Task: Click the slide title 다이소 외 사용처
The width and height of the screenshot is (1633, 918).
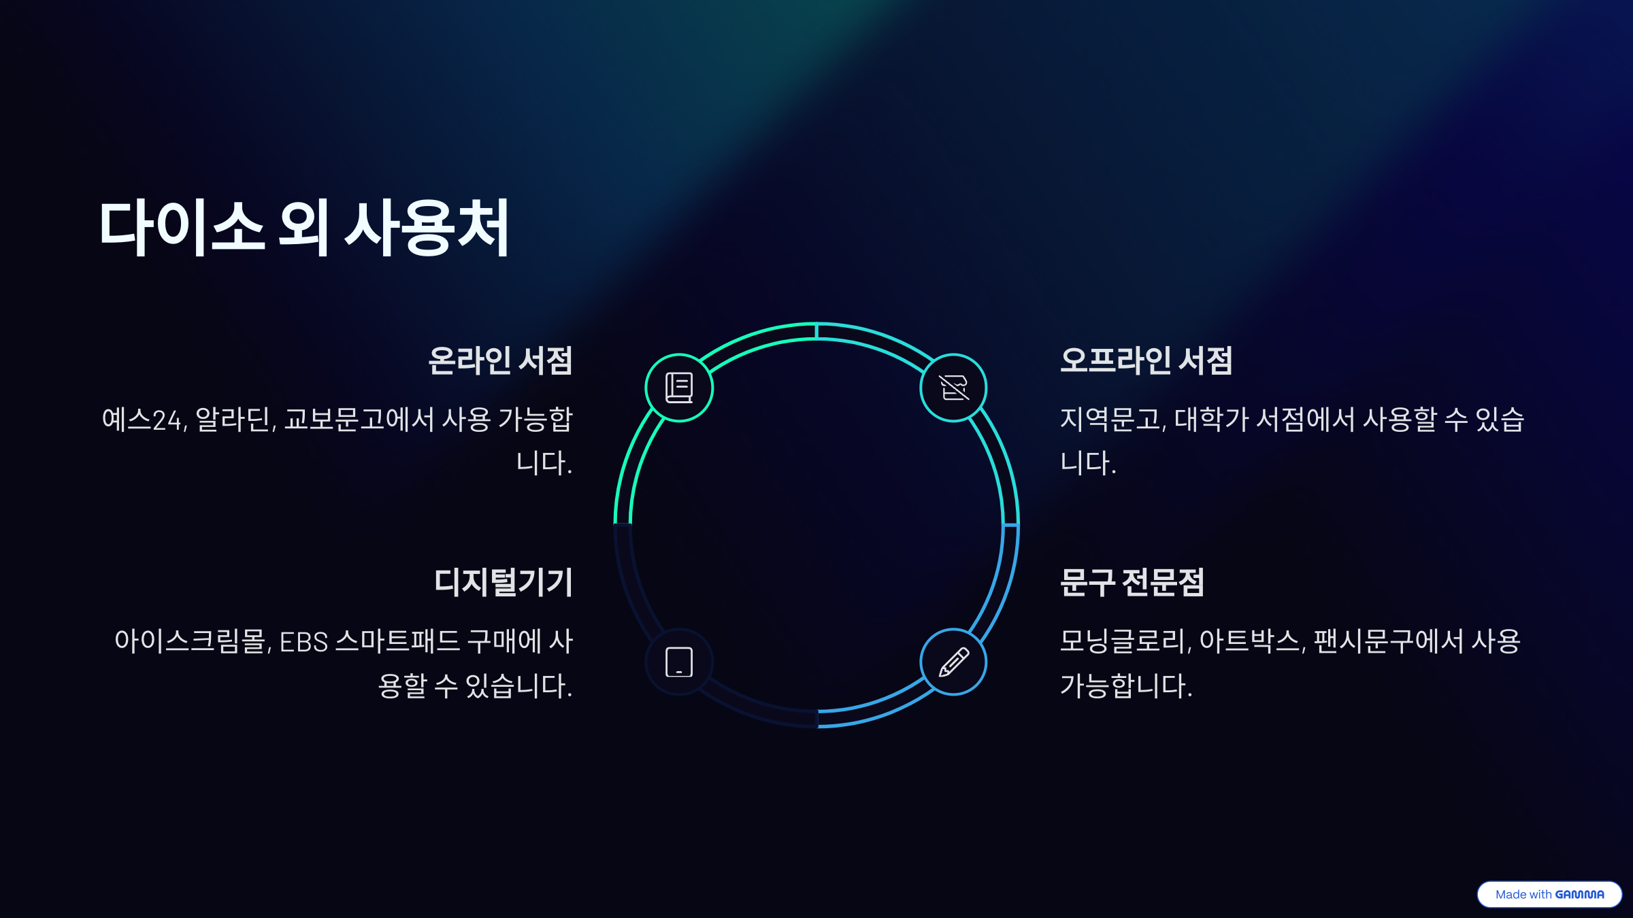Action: (x=304, y=228)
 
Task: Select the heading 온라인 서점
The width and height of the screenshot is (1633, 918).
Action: (x=500, y=360)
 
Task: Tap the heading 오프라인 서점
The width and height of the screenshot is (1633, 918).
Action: (x=1146, y=360)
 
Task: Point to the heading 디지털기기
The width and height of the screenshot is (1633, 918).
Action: (x=504, y=582)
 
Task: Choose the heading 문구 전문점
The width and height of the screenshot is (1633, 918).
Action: (x=1132, y=582)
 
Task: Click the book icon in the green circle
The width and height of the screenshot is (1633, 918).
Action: (x=679, y=388)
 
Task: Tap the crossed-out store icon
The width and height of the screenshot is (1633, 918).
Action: (x=953, y=388)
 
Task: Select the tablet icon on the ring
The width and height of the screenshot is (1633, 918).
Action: (x=679, y=662)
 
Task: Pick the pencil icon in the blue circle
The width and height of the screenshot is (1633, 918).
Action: (x=953, y=662)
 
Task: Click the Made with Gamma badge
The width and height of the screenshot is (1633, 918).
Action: (x=1549, y=894)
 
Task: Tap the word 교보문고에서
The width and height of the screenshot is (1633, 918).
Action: (x=359, y=420)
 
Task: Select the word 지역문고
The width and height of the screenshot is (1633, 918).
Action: (x=1112, y=420)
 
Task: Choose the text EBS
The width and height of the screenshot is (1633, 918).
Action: (x=303, y=642)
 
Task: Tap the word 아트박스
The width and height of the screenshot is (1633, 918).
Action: (x=1251, y=642)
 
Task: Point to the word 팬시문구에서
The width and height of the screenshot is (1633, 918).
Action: (x=1388, y=642)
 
